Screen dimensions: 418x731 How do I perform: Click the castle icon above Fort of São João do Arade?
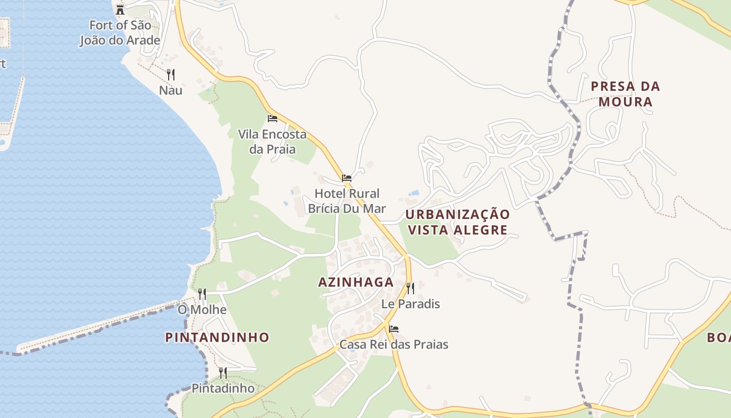(x=120, y=9)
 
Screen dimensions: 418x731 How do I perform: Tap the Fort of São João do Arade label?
(x=120, y=32)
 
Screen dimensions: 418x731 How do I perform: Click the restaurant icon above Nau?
(x=170, y=75)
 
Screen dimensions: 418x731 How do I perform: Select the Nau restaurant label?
(x=171, y=90)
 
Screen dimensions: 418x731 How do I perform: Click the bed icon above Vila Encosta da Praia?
(x=272, y=119)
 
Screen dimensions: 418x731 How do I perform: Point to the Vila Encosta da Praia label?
(x=272, y=142)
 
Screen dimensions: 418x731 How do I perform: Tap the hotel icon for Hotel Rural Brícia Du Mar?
(x=346, y=178)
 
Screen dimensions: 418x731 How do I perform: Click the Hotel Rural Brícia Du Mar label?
(x=347, y=201)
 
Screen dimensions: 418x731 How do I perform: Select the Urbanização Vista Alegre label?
(x=457, y=222)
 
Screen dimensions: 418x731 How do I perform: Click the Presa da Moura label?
(x=626, y=94)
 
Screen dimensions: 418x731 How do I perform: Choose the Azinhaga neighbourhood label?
(x=356, y=282)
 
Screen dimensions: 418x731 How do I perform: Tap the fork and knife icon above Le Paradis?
(x=410, y=288)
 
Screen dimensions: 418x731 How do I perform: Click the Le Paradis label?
(x=410, y=304)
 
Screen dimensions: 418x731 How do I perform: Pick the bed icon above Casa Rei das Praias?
(x=394, y=329)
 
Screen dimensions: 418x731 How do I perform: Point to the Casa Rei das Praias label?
(x=394, y=345)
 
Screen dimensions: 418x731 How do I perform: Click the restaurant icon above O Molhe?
(x=202, y=294)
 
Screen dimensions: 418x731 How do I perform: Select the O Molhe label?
(x=202, y=310)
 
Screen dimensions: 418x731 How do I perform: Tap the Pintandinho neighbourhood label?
(x=217, y=338)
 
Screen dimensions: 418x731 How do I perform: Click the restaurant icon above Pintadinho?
(x=223, y=373)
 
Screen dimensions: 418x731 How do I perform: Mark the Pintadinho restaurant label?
(x=223, y=389)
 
